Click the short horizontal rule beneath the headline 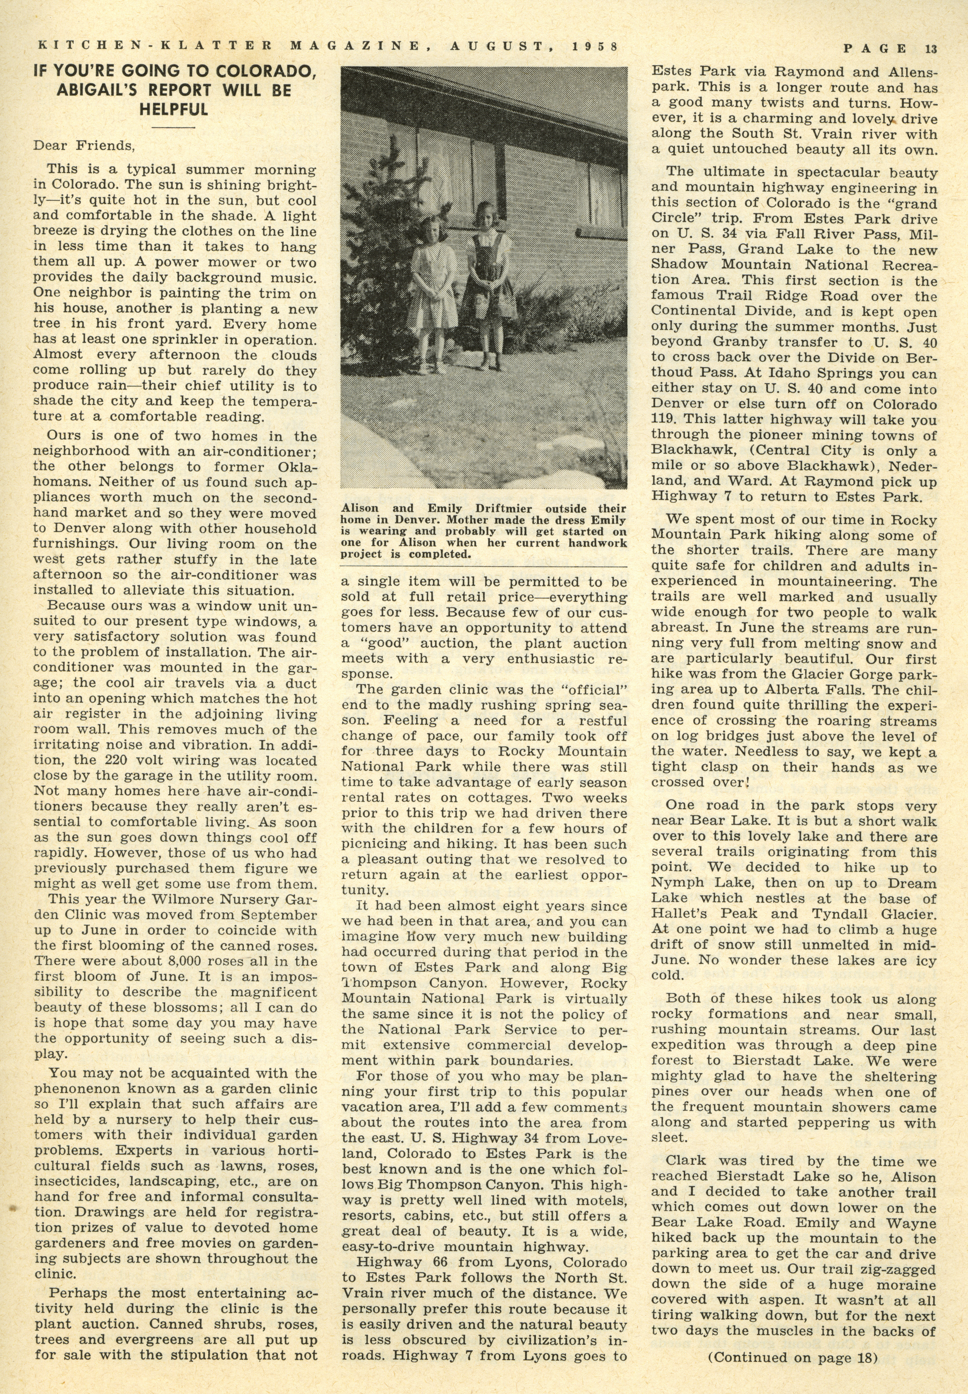coord(174,127)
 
